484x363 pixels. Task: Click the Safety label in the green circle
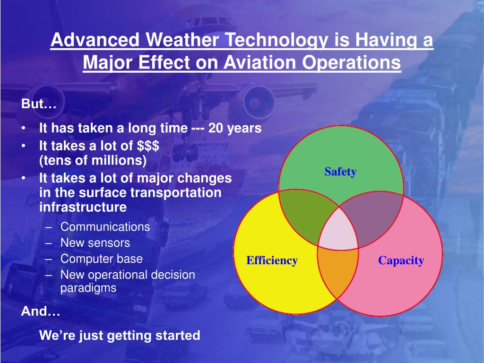tap(340, 172)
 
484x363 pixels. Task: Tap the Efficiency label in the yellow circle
tap(272, 260)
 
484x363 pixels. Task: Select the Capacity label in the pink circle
tap(401, 260)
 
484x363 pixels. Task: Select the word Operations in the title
tap(352, 63)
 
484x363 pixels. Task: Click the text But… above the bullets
tap(39, 104)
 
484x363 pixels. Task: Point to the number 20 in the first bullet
tap(216, 128)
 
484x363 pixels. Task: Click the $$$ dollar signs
tap(148, 146)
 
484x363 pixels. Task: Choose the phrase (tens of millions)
tap(93, 160)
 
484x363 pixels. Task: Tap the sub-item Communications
tap(105, 226)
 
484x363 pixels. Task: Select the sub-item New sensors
tap(95, 242)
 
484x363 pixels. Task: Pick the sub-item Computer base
tap(102, 259)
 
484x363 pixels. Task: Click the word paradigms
tap(88, 288)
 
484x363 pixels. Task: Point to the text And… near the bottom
tap(41, 311)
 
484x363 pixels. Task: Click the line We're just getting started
tap(120, 336)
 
